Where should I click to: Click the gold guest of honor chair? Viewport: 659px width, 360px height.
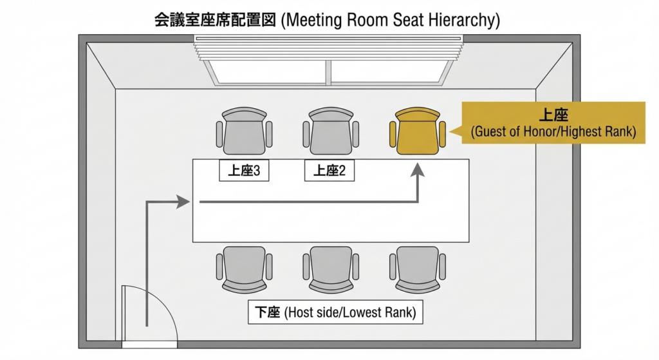(417, 131)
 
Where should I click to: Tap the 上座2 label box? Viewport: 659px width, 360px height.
(329, 170)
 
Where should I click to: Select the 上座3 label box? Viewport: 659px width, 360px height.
(244, 170)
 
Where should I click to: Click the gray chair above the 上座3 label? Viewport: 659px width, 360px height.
(244, 131)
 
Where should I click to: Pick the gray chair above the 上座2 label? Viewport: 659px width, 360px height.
(331, 131)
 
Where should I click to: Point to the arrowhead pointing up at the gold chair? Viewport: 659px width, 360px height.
(418, 170)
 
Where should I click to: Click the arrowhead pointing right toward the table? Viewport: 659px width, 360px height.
(183, 202)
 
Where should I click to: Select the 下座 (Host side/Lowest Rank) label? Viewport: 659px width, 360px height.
(335, 312)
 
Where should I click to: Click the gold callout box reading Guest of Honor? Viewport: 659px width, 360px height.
(553, 123)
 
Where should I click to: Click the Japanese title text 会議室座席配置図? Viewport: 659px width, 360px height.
(215, 20)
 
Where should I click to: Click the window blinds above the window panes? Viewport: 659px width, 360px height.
(329, 48)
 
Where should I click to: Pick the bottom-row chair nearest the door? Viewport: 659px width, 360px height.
(244, 270)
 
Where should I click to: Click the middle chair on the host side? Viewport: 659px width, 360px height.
(331, 270)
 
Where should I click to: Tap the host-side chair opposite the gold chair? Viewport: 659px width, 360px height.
(417, 270)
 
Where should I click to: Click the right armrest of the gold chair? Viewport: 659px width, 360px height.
(442, 134)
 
